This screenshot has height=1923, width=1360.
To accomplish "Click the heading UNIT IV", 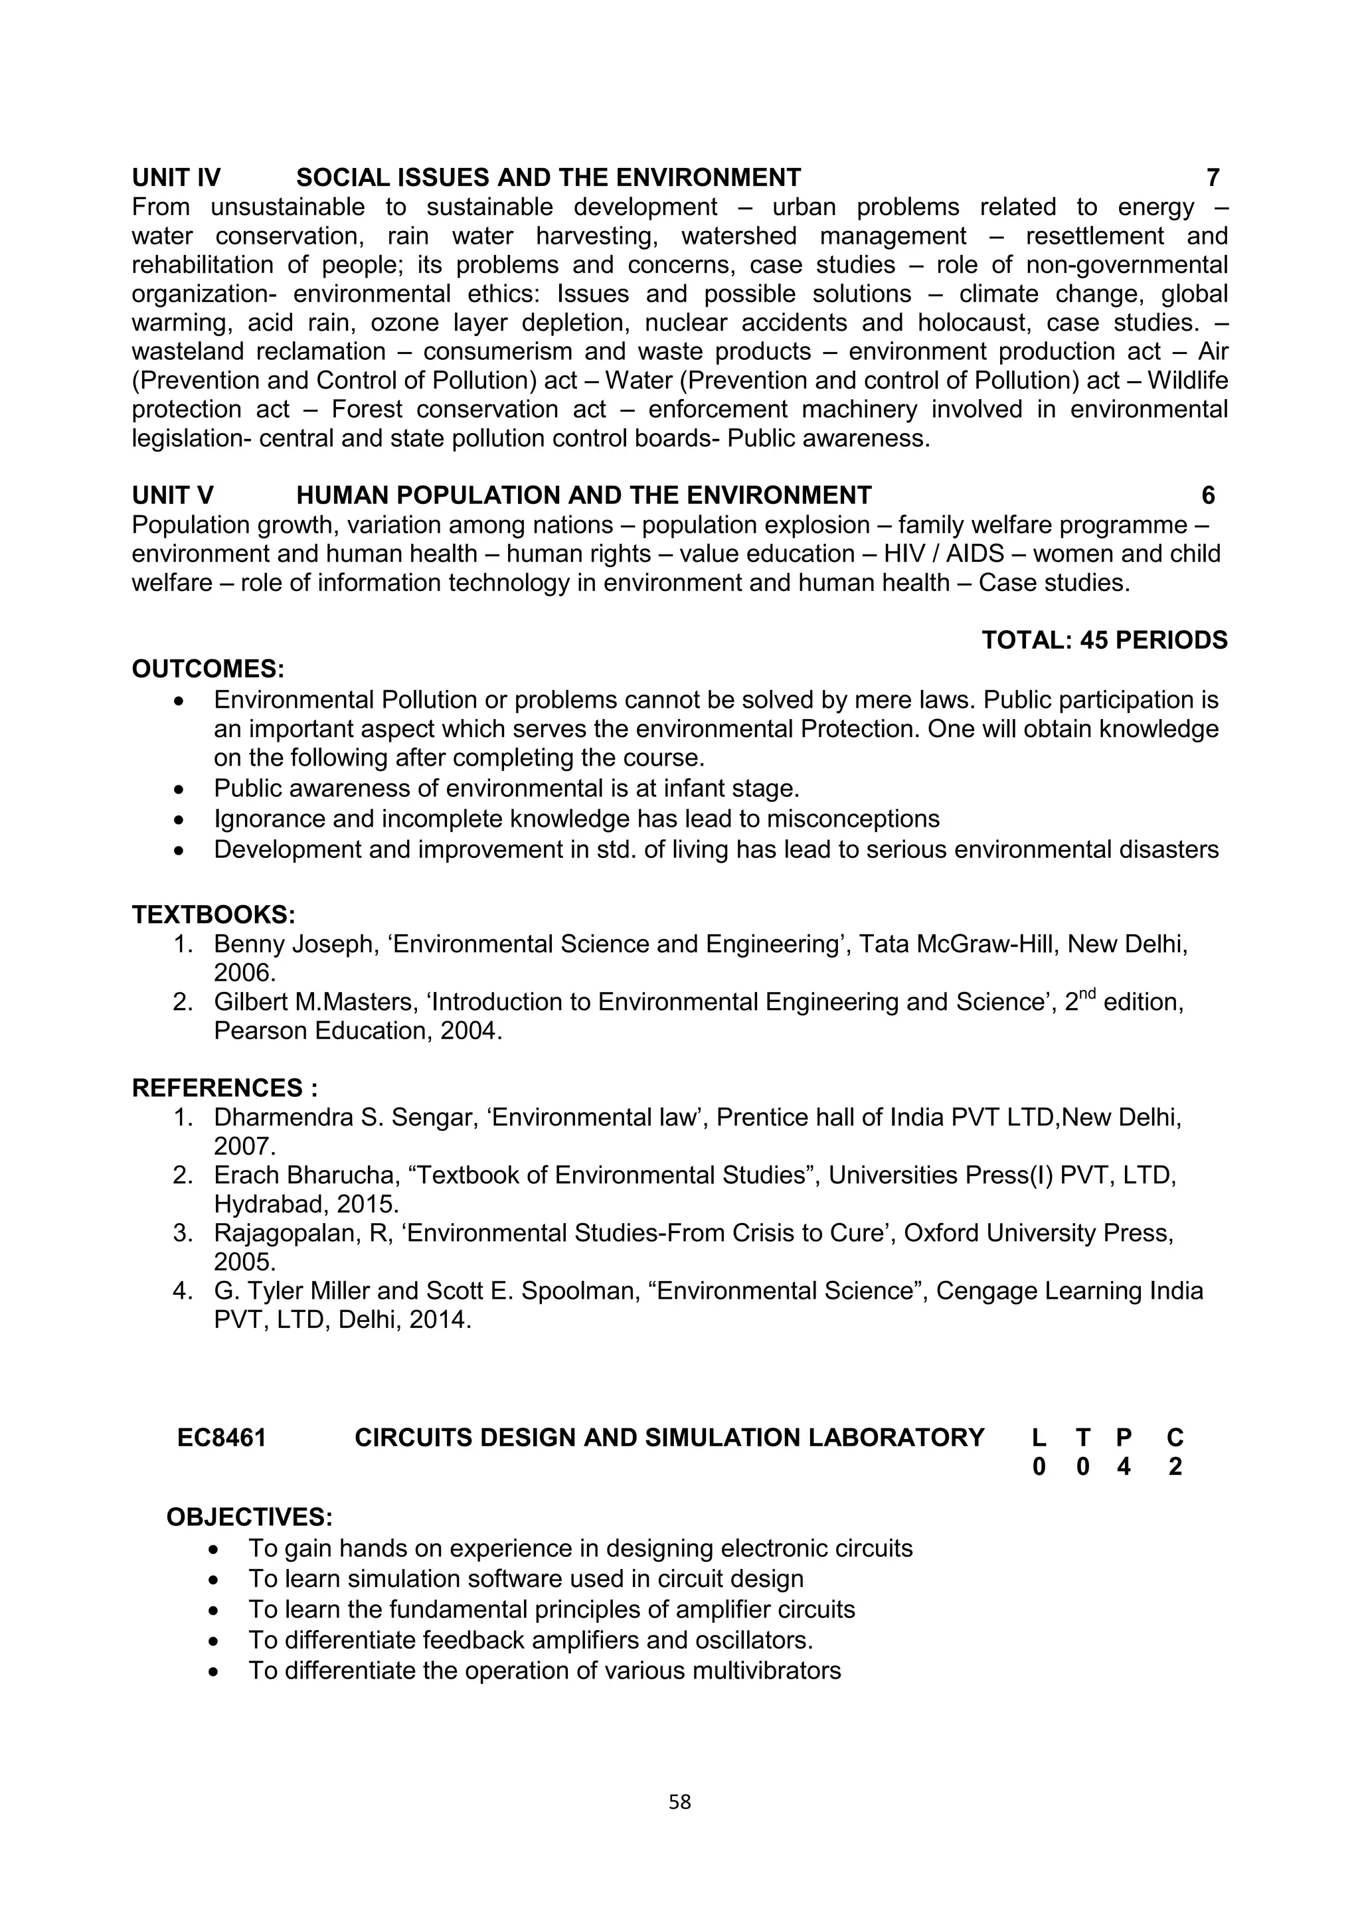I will pyautogui.click(x=176, y=177).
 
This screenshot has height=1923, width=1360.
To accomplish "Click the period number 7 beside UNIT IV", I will pyautogui.click(x=1213, y=177).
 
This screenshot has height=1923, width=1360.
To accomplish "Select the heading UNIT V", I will pyautogui.click(x=173, y=496).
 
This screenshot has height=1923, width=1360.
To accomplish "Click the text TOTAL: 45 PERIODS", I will pyautogui.click(x=1104, y=641).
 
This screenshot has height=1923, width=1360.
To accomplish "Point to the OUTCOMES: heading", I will pyautogui.click(x=209, y=669).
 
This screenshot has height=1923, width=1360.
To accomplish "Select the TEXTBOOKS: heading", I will pyautogui.click(x=214, y=914).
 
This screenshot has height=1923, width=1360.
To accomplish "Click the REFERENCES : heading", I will pyautogui.click(x=224, y=1088).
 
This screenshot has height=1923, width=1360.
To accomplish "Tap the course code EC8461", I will pyautogui.click(x=222, y=1438).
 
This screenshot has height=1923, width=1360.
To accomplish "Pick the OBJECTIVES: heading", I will pyautogui.click(x=250, y=1518).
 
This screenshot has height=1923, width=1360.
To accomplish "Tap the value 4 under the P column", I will pyautogui.click(x=1124, y=1467).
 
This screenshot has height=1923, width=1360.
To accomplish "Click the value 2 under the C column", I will pyautogui.click(x=1175, y=1467).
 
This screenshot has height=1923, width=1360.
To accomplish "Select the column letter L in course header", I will pyautogui.click(x=1039, y=1438).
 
